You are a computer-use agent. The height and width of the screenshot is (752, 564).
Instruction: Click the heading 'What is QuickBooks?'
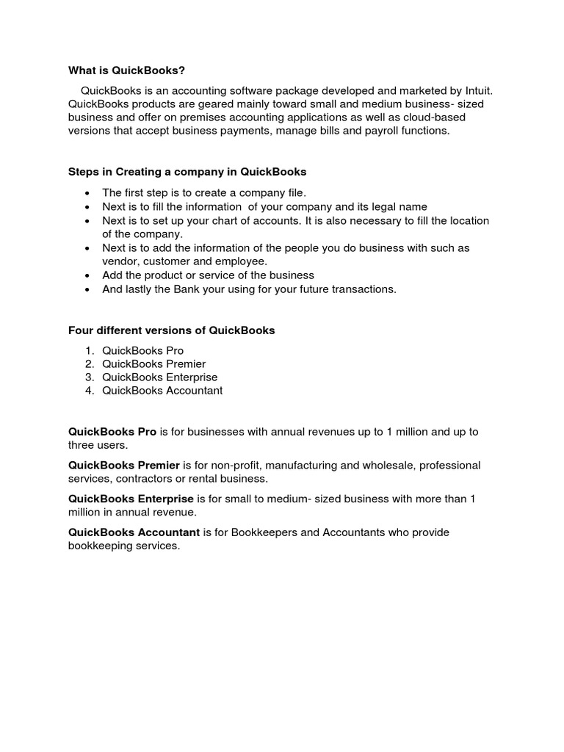(126, 70)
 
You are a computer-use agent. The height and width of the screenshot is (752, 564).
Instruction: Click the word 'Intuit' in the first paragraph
(476, 91)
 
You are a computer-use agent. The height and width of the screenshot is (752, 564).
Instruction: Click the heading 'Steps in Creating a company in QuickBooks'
(187, 172)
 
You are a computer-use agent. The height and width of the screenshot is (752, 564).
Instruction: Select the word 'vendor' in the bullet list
(118, 261)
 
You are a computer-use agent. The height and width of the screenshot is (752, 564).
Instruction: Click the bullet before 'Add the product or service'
(87, 275)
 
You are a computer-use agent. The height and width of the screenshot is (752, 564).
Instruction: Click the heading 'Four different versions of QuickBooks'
(171, 330)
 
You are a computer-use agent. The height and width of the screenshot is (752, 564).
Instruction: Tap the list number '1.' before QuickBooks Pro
(90, 351)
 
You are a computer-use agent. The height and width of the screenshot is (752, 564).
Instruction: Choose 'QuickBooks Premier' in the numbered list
(153, 364)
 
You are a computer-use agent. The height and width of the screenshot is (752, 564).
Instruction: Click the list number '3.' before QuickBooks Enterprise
(90, 377)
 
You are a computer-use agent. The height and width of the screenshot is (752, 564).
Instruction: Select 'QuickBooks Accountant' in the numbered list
(162, 391)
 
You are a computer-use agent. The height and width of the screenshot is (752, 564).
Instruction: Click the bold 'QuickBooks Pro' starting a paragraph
(112, 432)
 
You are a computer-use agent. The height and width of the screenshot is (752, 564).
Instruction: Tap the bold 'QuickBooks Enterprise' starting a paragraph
(131, 499)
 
